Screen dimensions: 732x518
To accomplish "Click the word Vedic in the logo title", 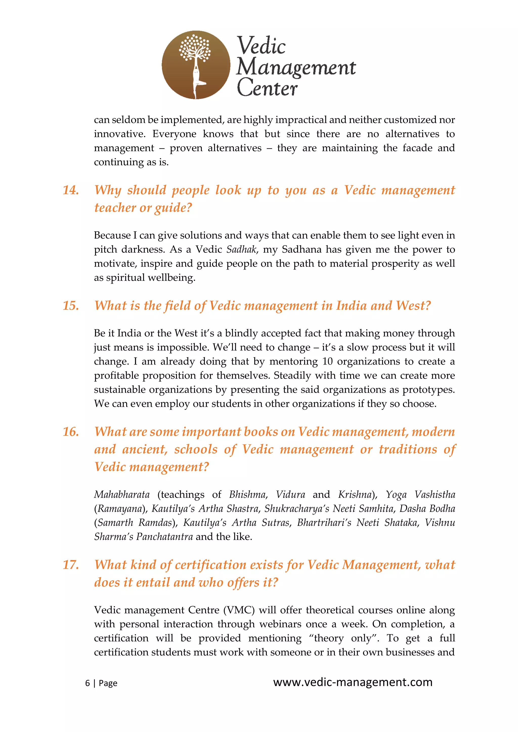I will (261, 45).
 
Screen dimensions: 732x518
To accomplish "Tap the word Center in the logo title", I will (267, 88).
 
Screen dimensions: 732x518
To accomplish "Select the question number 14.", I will (71, 190).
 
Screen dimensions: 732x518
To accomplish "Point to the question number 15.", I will (71, 306).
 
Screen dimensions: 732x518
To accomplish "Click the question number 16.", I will (71, 432).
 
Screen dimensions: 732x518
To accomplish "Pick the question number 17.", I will (71, 565).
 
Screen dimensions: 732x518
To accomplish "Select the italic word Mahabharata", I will (122, 494).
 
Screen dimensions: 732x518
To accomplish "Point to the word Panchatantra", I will (164, 537).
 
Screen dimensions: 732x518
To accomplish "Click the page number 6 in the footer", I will (88, 683).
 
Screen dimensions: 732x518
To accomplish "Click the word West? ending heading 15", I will (413, 306).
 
